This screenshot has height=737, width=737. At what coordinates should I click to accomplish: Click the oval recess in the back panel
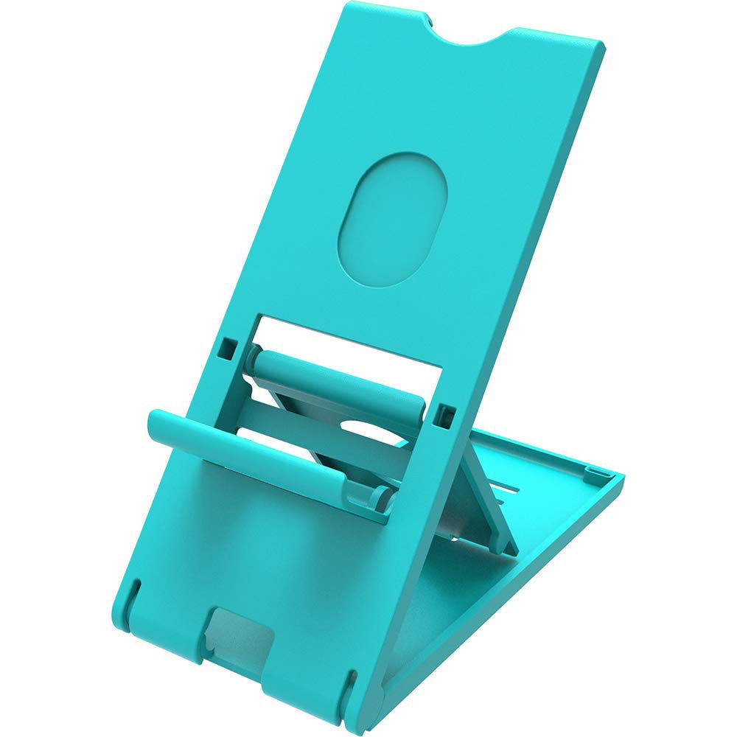click(392, 219)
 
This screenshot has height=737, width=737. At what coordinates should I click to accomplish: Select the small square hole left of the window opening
click(229, 345)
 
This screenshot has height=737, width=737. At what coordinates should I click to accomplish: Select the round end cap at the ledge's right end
click(381, 498)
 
